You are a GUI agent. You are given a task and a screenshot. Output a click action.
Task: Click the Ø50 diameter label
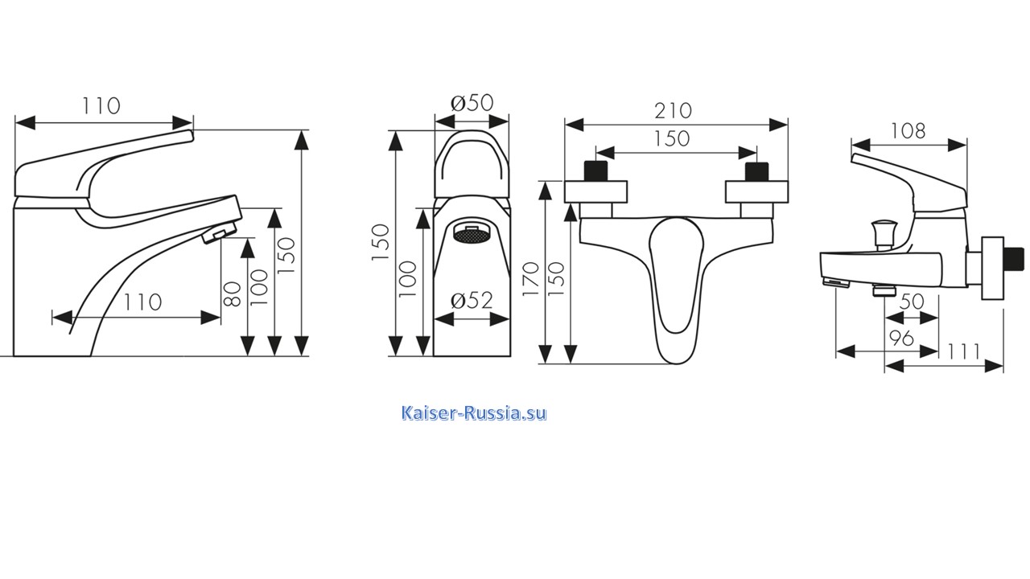472,102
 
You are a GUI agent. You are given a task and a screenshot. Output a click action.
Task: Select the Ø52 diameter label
472,301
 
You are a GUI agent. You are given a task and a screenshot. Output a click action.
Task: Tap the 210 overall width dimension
674,111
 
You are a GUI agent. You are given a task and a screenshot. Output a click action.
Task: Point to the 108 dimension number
908,131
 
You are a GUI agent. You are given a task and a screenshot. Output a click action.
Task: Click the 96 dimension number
902,339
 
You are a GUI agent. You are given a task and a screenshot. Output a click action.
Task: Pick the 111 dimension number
964,352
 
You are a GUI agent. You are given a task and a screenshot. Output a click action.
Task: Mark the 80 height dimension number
232,294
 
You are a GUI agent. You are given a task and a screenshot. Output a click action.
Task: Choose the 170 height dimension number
530,279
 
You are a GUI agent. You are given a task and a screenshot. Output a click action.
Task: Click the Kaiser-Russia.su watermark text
474,413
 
